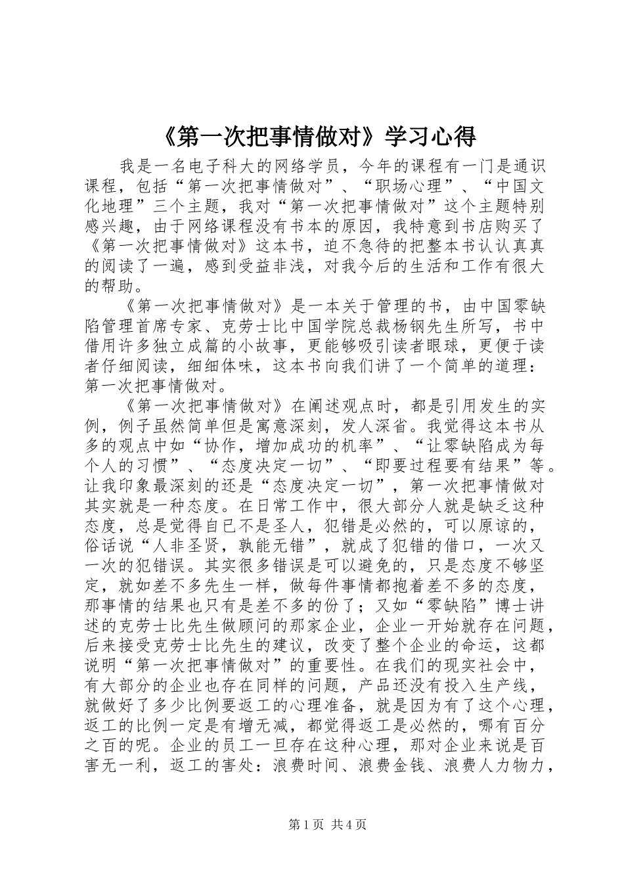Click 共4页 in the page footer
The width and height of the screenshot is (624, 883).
[349, 826]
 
